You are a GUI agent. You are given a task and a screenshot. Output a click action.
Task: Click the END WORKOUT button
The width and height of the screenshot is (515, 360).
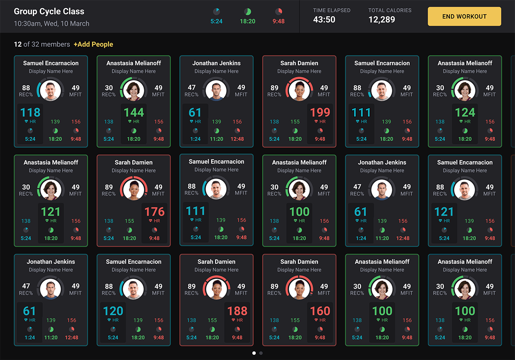click(x=464, y=16)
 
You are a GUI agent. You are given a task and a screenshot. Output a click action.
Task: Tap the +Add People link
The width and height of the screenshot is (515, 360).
click(x=93, y=44)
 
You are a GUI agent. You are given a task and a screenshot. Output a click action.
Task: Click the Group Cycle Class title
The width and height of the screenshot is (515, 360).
click(x=49, y=12)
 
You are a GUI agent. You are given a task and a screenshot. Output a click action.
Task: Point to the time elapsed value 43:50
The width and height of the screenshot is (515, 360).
click(x=324, y=19)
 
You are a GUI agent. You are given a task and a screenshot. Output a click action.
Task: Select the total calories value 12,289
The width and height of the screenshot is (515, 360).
click(x=382, y=19)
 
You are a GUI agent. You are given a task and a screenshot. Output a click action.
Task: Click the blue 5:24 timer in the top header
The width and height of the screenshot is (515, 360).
click(x=217, y=21)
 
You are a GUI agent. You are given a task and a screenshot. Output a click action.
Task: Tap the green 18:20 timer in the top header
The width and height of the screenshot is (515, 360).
click(x=248, y=21)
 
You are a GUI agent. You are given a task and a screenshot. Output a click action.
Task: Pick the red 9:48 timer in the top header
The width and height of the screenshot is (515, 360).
click(x=279, y=21)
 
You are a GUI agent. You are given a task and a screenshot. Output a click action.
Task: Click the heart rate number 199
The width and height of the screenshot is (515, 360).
click(x=320, y=113)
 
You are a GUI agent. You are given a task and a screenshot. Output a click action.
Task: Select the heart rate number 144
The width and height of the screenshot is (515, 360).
click(x=134, y=113)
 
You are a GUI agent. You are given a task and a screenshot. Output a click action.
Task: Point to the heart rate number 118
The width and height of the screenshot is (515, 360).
click(x=30, y=113)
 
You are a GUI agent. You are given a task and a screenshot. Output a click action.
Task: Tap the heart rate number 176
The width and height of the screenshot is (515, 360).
click(x=154, y=212)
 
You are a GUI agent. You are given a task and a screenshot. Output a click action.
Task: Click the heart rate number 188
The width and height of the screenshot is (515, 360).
click(x=237, y=311)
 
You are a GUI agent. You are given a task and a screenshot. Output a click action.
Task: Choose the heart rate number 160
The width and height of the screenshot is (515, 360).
click(x=320, y=311)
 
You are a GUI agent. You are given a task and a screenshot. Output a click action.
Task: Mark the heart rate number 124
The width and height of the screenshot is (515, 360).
click(x=465, y=113)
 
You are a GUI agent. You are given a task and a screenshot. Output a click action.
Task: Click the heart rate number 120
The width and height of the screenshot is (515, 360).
click(x=113, y=311)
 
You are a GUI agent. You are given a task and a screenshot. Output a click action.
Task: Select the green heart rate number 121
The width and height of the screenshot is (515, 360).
click(x=51, y=212)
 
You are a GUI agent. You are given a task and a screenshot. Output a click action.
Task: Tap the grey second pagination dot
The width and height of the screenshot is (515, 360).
click(x=261, y=353)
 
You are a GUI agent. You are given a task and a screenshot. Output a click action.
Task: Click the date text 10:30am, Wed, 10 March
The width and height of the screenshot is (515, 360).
click(x=52, y=24)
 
